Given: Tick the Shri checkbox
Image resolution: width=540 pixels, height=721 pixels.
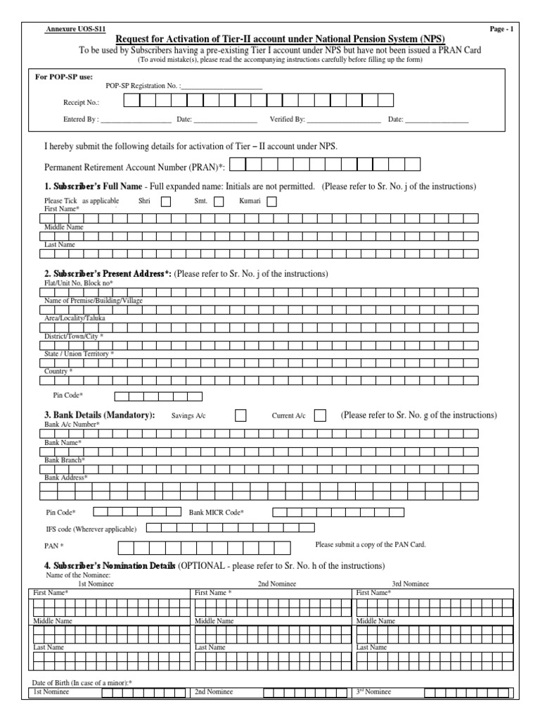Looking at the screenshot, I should pyautogui.click(x=166, y=201).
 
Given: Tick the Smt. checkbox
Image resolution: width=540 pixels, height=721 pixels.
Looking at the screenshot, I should pyautogui.click(x=219, y=201).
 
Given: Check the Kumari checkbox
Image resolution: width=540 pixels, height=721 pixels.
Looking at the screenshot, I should pyautogui.click(x=271, y=201).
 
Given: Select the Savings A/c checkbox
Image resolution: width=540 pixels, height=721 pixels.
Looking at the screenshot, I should pyautogui.click(x=240, y=415).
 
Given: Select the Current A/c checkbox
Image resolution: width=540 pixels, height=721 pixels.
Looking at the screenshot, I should pyautogui.click(x=320, y=415).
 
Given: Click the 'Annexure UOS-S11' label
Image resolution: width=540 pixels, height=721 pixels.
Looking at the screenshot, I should pyautogui.click(x=68, y=29).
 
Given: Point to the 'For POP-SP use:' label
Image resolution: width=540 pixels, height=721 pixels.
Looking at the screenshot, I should pyautogui.click(x=64, y=76).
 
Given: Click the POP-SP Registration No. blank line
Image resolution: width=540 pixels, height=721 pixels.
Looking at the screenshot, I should pyautogui.click(x=221, y=87).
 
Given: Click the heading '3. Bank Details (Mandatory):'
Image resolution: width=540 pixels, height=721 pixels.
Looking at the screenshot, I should pyautogui.click(x=100, y=415).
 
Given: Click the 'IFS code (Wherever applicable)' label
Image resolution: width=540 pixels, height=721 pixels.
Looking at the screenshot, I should pyautogui.click(x=91, y=528).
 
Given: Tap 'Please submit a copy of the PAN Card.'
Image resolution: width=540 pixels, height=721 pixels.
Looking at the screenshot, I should pyautogui.click(x=371, y=544).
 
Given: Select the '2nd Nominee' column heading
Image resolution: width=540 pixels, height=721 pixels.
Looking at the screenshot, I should pyautogui.click(x=276, y=584).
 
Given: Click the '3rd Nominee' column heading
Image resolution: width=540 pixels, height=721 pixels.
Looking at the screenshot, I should pyautogui.click(x=411, y=584).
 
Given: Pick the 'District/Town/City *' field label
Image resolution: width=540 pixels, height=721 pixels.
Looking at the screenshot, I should pyautogui.click(x=74, y=337).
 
